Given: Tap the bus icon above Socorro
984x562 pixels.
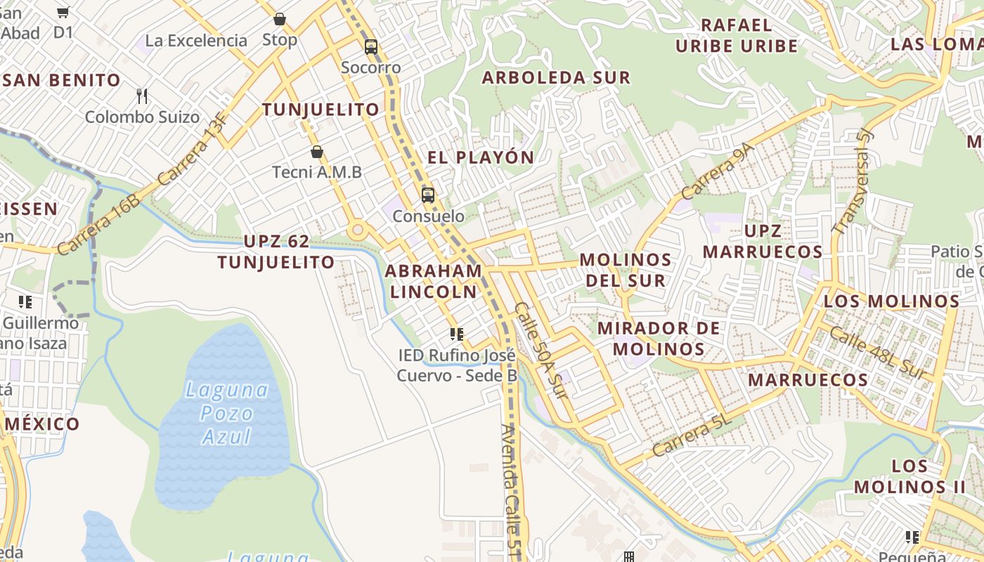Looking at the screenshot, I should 371,47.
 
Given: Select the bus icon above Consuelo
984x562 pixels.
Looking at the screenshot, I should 428,195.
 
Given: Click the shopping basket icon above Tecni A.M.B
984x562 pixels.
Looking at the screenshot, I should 317,152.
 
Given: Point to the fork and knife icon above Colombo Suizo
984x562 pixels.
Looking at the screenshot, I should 142,96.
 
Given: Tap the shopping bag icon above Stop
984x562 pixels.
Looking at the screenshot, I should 280,19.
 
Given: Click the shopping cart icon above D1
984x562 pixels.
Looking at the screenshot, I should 63,12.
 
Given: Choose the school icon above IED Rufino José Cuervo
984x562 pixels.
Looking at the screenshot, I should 457,334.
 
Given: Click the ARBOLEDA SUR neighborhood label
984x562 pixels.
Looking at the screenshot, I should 556,77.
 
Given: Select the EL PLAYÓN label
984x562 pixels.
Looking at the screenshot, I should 481,157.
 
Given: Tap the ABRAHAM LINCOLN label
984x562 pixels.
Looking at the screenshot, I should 434,281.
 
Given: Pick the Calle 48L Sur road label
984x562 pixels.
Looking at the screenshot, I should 876,353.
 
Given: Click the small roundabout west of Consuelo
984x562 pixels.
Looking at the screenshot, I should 358,229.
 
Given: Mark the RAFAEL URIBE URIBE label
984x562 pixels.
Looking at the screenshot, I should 737,36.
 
